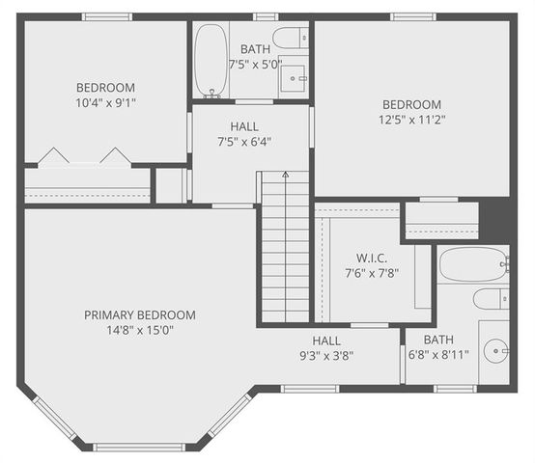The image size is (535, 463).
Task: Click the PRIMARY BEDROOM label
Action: [x=140, y=314]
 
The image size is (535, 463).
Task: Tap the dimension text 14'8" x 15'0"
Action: [x=140, y=330]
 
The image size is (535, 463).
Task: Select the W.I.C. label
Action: [x=371, y=258]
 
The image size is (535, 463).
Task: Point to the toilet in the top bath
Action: [x=291, y=39]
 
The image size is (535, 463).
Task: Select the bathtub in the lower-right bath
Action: [x=472, y=263]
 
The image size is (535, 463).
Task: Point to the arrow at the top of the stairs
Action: [x=285, y=177]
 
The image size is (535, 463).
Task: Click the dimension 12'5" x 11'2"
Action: [x=411, y=120]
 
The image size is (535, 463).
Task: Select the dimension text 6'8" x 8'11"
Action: [x=437, y=354]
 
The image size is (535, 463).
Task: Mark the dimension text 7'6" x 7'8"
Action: [x=371, y=272]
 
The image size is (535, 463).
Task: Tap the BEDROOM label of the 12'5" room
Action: [x=411, y=104]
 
